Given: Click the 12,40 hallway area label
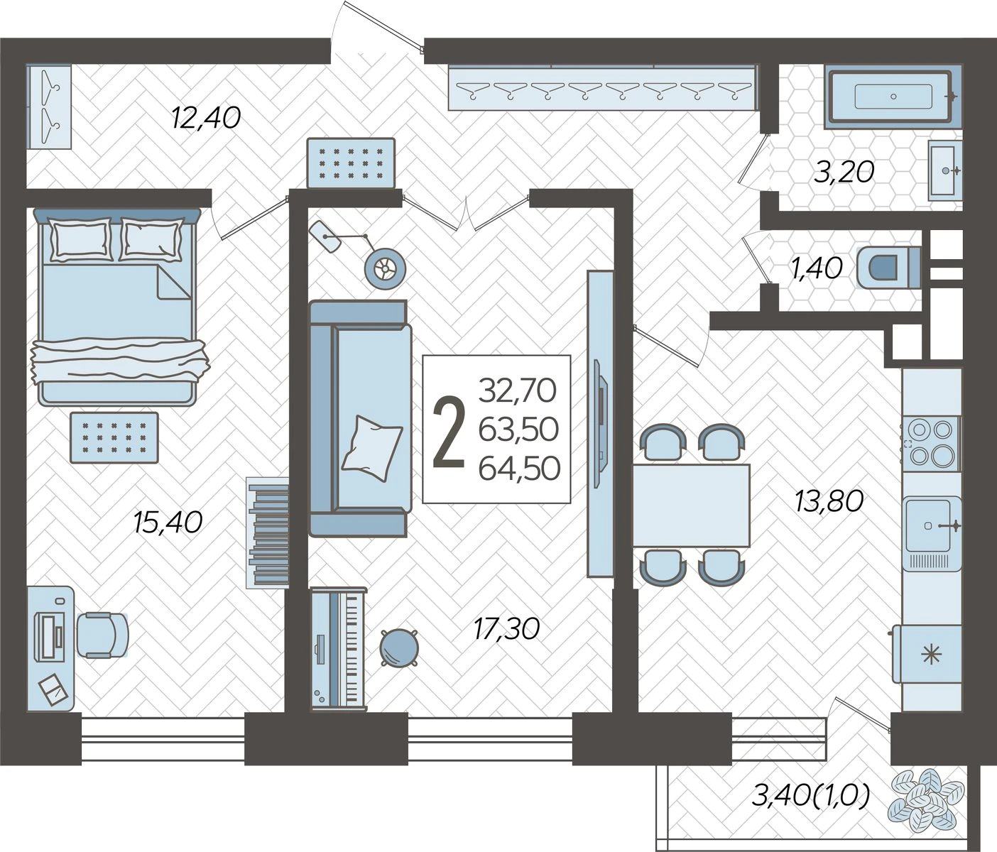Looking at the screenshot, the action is [206, 118].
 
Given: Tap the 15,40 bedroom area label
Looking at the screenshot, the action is [168, 522].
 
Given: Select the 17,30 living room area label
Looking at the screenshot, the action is [506, 629].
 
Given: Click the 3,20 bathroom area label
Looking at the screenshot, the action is [844, 172].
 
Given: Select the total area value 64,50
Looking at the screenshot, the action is [519, 468].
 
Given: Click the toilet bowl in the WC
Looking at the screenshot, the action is [888, 268].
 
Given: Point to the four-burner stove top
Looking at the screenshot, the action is [930, 442].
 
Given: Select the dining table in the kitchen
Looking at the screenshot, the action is [691, 506].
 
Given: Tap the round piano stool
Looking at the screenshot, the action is [398, 648].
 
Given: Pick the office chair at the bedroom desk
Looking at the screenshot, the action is [103, 635].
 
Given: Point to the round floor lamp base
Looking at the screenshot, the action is [385, 268].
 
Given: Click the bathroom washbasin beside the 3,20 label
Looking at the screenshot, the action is [945, 170].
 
